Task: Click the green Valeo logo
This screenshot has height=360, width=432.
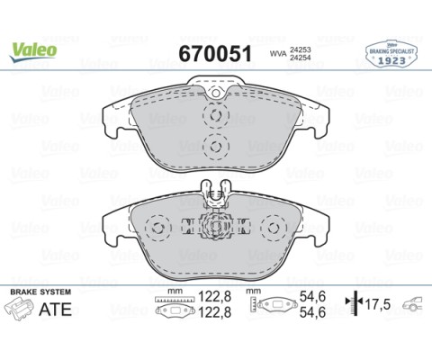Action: pyautogui.click(x=33, y=49)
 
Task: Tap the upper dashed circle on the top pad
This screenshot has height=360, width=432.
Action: pyautogui.click(x=215, y=115)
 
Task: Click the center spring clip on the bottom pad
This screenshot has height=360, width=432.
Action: pyautogui.click(x=215, y=225)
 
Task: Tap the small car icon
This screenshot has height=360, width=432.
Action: pyautogui.click(x=411, y=304)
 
